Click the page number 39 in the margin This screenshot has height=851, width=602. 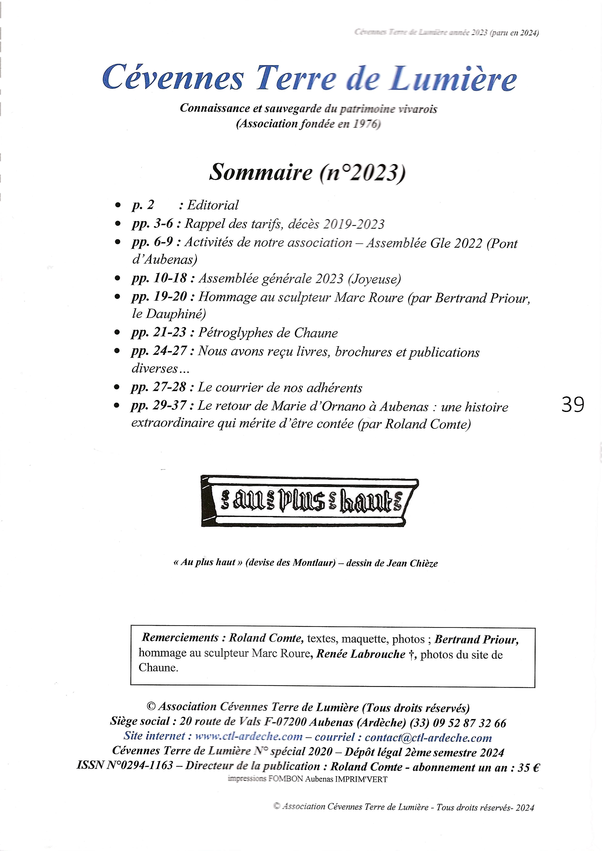click(x=573, y=405)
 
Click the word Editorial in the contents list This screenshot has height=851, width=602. click(x=213, y=205)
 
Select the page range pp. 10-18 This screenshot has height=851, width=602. click(x=159, y=278)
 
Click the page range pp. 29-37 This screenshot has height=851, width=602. click(x=159, y=406)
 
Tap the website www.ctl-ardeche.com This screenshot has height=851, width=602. click(x=249, y=736)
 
